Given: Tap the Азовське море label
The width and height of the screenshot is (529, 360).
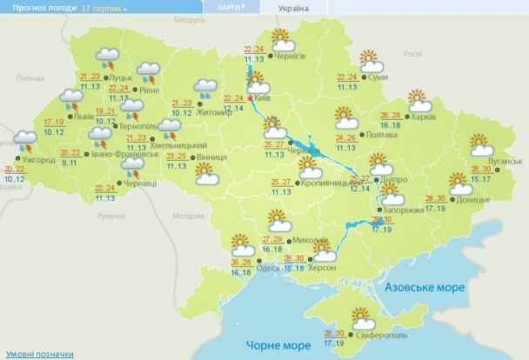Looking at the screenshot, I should (x=425, y=286).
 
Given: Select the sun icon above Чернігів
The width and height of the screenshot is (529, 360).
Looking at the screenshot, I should (x=281, y=40).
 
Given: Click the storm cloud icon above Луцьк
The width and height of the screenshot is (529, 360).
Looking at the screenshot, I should (x=109, y=59).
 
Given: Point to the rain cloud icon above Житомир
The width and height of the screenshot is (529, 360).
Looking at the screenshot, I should (x=206, y=87).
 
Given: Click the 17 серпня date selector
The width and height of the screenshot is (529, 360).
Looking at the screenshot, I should (x=104, y=7).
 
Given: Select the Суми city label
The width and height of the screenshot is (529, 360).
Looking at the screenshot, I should (x=378, y=77).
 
